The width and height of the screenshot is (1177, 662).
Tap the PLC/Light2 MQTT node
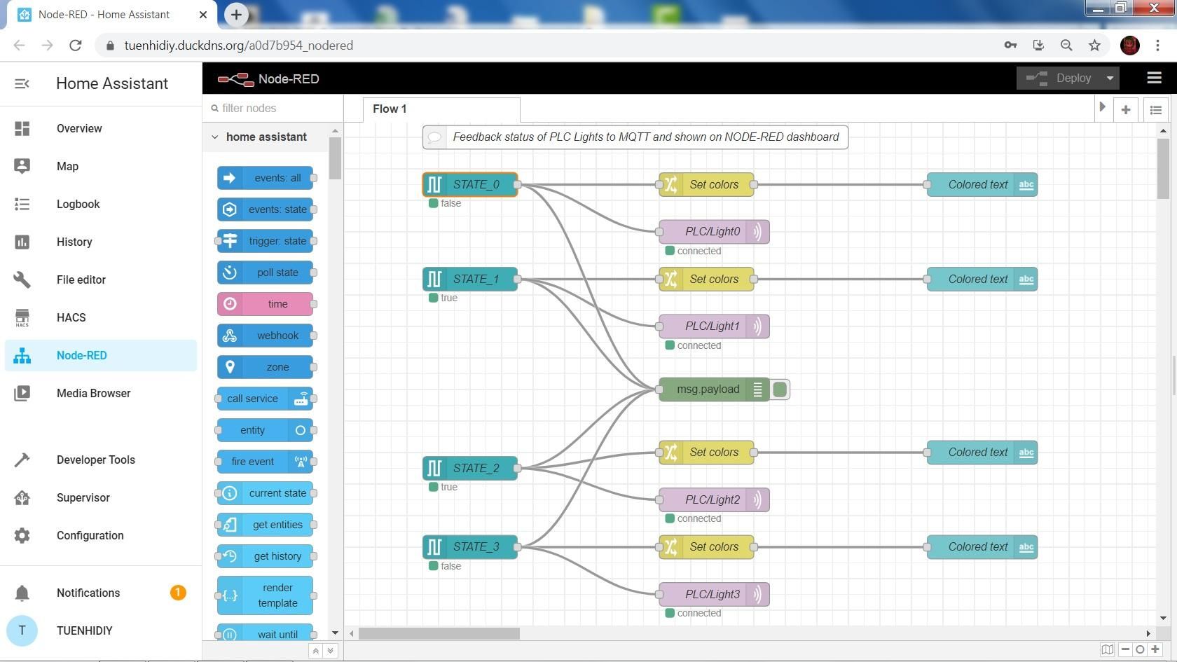click(713, 500)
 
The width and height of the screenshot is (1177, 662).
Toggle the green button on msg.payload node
click(780, 389)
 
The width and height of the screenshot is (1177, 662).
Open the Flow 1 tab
click(390, 109)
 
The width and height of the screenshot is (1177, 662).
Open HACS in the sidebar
click(71, 317)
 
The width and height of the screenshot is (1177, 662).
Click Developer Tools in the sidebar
click(96, 460)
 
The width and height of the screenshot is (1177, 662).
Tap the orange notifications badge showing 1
click(177, 593)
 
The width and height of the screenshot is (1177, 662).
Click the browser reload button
click(76, 46)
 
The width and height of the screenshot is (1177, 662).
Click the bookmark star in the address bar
click(1094, 46)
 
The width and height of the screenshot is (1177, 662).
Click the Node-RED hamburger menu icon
click(1154, 78)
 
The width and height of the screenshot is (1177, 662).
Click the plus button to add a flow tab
click(1126, 110)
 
